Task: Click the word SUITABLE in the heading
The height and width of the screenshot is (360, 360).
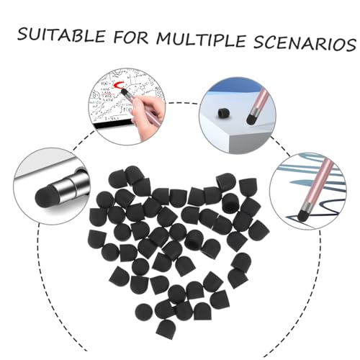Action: pyautogui.click(x=62, y=35)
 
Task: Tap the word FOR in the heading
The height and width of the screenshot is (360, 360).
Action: pyautogui.click(x=131, y=37)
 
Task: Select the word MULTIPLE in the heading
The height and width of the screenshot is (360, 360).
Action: pyautogui.click(x=201, y=40)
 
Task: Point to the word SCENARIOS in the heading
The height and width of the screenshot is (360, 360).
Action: pyautogui.click(x=305, y=44)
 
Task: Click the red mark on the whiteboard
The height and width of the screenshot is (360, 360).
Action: pyautogui.click(x=119, y=85)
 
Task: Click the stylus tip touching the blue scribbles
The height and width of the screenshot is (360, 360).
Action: pyautogui.click(x=302, y=215)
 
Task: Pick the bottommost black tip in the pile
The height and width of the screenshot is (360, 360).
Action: pyautogui.click(x=166, y=330)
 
